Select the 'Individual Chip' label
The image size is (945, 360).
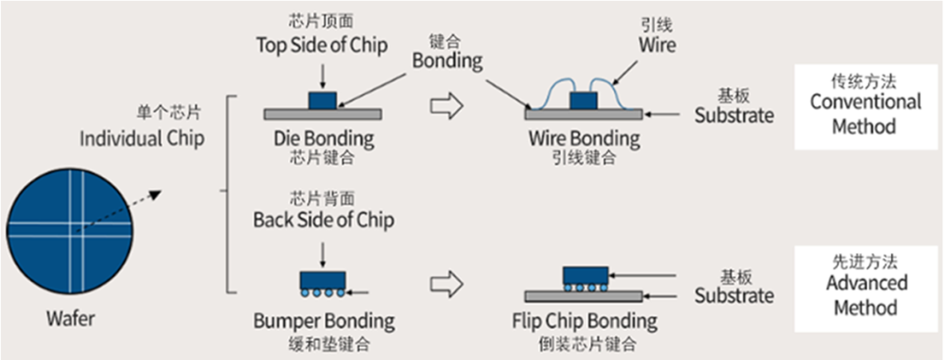[142, 139]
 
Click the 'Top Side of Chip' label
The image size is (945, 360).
[322, 45]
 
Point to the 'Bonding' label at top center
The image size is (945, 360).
[448, 60]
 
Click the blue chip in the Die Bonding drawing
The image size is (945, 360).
[321, 99]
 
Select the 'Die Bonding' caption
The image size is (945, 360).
[324, 139]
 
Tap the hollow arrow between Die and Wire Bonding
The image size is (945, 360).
[447, 107]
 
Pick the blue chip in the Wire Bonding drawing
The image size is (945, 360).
[584, 100]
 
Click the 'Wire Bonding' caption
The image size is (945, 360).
[584, 139]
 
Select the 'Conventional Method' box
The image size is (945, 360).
[864, 105]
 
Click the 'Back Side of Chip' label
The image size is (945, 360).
[323, 218]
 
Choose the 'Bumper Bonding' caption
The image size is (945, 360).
[323, 320]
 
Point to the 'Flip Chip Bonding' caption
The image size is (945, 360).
[585, 320]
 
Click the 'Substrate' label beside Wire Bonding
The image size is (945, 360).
[734, 115]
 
